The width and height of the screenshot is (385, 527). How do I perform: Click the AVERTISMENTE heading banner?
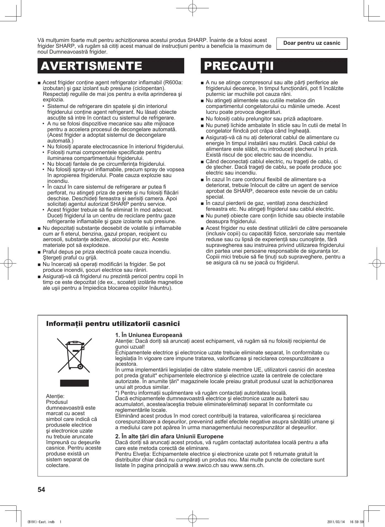(111, 66)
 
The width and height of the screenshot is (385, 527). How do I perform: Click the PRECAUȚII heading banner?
(274, 66)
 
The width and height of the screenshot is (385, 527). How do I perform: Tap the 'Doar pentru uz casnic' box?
(312, 43)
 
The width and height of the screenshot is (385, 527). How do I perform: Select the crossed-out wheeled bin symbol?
(74, 355)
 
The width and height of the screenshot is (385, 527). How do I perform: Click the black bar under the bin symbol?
(74, 383)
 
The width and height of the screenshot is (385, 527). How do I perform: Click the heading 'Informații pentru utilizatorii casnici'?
(113, 323)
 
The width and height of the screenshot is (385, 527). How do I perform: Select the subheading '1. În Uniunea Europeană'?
(149, 335)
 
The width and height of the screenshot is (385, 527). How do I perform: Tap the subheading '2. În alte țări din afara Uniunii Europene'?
(169, 436)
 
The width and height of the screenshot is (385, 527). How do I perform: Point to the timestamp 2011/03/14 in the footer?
(336, 522)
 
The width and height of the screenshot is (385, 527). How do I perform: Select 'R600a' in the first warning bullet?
(173, 83)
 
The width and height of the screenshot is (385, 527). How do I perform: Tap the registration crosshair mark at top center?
(192, 8)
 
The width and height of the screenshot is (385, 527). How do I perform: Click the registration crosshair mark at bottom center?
(192, 518)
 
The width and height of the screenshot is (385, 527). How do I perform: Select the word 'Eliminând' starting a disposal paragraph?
(127, 416)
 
